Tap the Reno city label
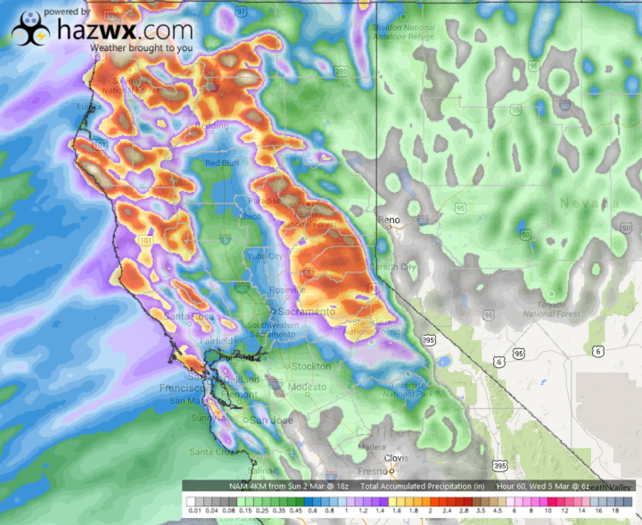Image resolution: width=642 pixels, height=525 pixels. pyautogui.click(x=390, y=220)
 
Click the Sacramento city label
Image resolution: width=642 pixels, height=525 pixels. pyautogui.click(x=305, y=312)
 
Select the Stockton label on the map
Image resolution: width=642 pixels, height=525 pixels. pyautogui.click(x=310, y=366)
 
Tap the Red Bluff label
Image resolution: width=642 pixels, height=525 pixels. pyautogui.click(x=223, y=163)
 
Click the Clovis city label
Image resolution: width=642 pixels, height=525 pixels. pyautogui.click(x=396, y=458)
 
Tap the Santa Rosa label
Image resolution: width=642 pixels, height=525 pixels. pyautogui.click(x=183, y=316)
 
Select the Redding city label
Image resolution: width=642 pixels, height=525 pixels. pyautogui.click(x=212, y=125)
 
